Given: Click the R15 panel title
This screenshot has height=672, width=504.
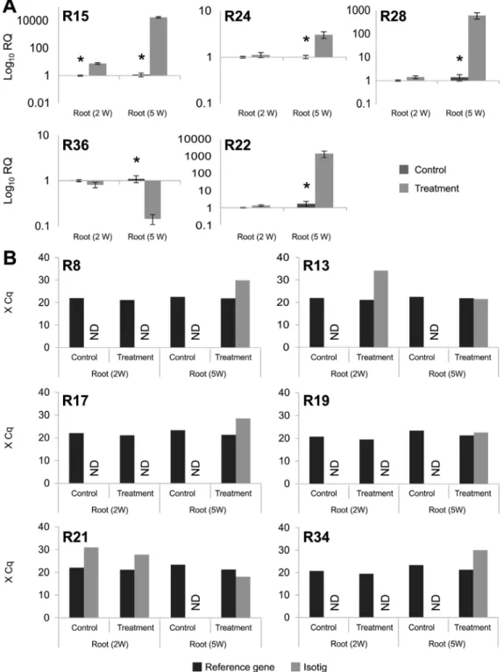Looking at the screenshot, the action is pos(76,17).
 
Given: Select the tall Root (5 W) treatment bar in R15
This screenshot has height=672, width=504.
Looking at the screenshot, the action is pos(159,46).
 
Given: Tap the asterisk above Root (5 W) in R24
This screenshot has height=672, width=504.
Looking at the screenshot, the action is pos(306,40).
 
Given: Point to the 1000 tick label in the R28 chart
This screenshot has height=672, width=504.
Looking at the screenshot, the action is pos(358,11).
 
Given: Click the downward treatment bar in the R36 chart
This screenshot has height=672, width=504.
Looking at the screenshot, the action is pos(153,199).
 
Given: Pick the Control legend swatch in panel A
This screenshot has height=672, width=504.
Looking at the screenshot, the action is pos(403,170).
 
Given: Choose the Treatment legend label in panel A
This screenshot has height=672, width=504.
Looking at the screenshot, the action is pos(437,188).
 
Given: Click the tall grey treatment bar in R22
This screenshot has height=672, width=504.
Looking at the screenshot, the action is pos(324,180).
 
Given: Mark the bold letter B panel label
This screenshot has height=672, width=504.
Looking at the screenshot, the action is pos(10,258).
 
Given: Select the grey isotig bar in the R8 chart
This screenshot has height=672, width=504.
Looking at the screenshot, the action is pos(242,314).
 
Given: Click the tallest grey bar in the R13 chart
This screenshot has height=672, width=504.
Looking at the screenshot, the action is pos(381,308).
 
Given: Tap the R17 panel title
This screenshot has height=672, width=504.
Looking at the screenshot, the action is pos(75,400).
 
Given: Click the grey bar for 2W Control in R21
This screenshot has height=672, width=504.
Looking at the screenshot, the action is pos(91,583).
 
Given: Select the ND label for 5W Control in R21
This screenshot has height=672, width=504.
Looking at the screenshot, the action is pos(195,602).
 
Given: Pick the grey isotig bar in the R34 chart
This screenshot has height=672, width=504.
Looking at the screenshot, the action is pos(480,584).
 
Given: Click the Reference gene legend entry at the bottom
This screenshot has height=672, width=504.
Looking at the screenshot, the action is pos(234,667).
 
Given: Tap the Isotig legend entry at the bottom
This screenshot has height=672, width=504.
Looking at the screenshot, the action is pos(309,667).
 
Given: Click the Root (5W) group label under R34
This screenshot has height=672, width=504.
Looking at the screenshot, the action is pos(447,644).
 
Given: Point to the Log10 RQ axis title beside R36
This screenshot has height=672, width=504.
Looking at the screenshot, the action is pos(9,180).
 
